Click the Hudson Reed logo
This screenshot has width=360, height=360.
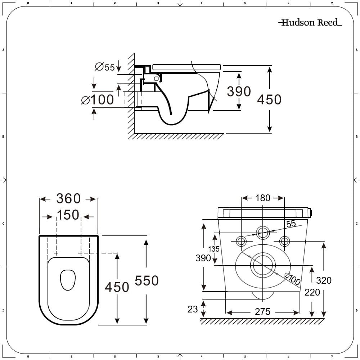310,23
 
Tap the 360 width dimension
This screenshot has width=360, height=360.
68,199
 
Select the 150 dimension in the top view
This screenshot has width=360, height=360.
68,215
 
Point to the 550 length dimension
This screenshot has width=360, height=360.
147,281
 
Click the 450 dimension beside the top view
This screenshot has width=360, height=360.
117,287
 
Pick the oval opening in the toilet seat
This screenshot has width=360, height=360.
68,280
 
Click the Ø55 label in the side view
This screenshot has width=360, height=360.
105,67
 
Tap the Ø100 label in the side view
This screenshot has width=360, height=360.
98,100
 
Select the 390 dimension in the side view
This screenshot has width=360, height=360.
239,91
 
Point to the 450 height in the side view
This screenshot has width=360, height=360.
269,99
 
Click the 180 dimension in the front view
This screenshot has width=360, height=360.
263,198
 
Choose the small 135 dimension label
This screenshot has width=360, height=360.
213,249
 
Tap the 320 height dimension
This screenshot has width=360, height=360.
324,280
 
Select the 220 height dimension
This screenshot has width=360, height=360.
312,292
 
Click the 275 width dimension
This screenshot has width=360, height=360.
262,312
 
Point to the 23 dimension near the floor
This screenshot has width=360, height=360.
193,309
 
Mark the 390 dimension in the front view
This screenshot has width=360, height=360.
203,258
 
